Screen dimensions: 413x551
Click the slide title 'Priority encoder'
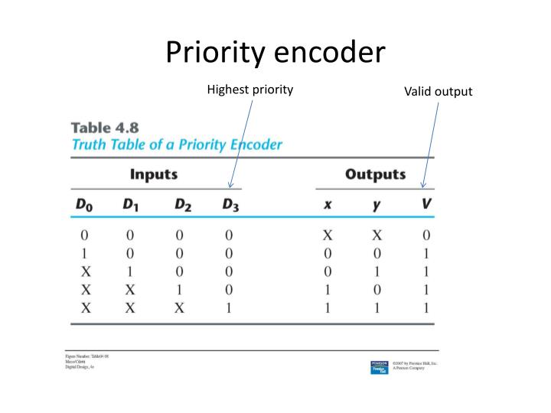(x=275, y=53)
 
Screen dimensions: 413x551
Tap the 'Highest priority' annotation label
(x=250, y=89)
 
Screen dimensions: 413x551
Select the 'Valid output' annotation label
(x=439, y=92)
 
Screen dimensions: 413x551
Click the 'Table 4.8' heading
(x=100, y=128)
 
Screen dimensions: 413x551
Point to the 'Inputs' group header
(x=154, y=174)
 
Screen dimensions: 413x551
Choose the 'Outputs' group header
(x=375, y=174)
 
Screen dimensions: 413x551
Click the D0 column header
(x=83, y=205)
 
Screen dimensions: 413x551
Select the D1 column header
(x=132, y=205)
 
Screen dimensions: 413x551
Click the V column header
(x=426, y=204)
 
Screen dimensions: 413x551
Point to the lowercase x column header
(x=328, y=206)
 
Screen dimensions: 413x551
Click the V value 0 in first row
(x=426, y=236)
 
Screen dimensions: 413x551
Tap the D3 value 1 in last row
(x=229, y=308)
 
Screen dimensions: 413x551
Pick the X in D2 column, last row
(x=180, y=308)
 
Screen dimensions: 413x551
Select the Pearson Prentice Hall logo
(x=379, y=367)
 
